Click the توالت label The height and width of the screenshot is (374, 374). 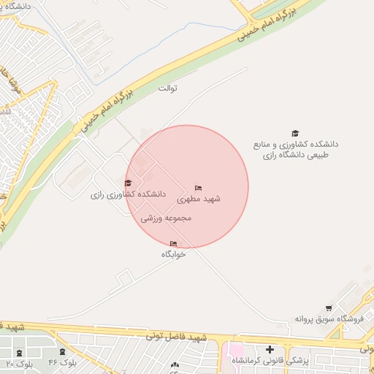tap(168, 88)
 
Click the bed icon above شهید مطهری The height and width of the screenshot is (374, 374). tap(199, 188)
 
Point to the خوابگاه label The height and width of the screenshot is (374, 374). tap(174, 254)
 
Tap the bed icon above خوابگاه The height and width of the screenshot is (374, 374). tap(173, 243)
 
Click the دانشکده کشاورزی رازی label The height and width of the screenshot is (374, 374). tap(129, 195)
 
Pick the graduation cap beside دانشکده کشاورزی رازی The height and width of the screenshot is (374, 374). tap(129, 183)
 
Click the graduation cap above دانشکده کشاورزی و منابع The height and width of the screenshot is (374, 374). tap(295, 133)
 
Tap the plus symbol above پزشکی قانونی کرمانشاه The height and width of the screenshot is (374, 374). tap(270, 350)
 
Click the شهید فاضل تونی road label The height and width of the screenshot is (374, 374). tap(177, 336)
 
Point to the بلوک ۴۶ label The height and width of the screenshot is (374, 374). tap(63, 362)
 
